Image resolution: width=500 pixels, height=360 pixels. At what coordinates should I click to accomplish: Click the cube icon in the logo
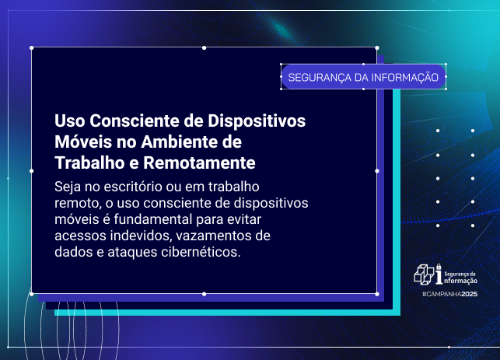(x=424, y=274)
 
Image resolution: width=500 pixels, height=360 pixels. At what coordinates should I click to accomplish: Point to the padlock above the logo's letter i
(x=439, y=266)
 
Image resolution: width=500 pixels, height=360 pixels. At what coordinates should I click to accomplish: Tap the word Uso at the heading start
(x=69, y=122)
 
